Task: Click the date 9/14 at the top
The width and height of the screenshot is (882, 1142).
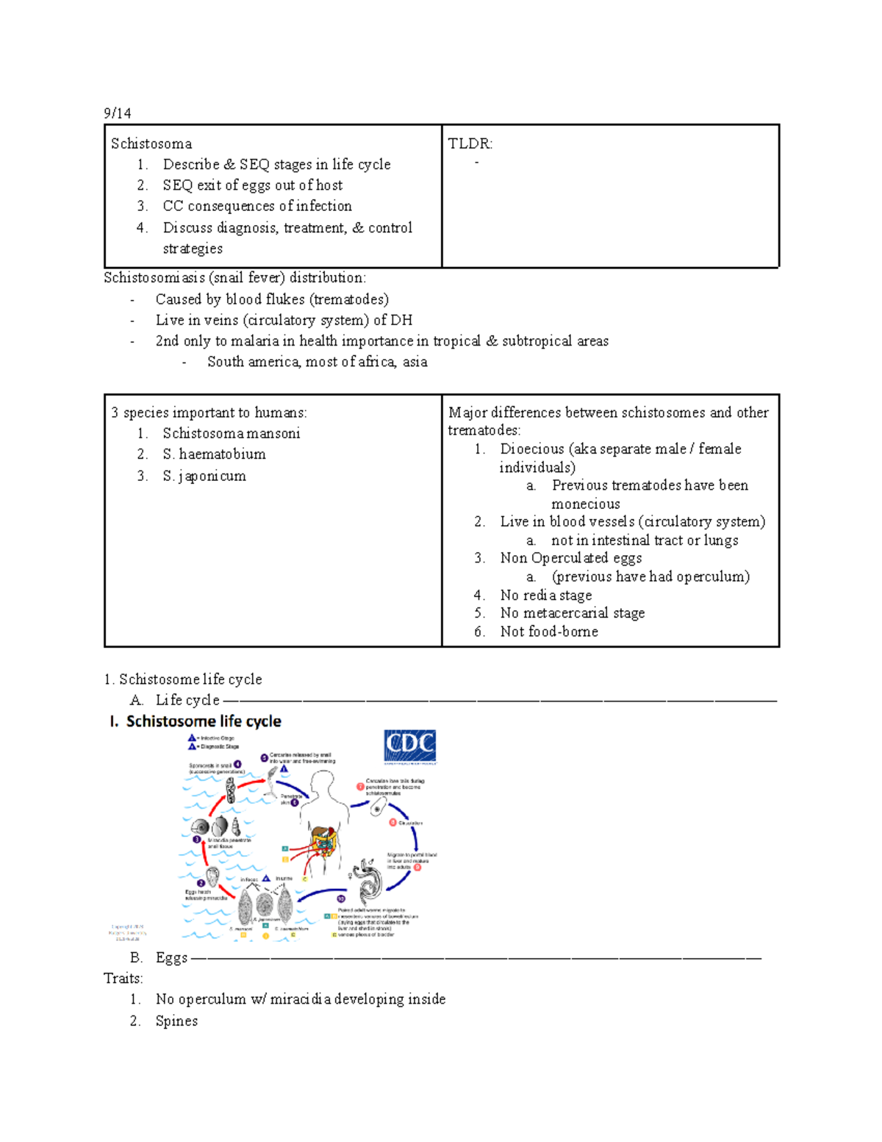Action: tap(117, 113)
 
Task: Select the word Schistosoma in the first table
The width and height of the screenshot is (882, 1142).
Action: tap(151, 143)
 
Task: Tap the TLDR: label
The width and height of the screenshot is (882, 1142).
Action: tap(470, 143)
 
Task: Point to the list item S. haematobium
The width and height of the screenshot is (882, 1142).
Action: tap(214, 454)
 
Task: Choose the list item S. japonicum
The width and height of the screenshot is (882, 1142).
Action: tap(204, 476)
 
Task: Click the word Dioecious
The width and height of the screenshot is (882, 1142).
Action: tap(532, 449)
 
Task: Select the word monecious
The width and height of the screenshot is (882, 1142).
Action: tap(586, 504)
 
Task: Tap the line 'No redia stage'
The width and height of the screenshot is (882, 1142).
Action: tap(545, 595)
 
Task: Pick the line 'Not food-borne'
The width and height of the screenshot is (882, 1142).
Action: tap(549, 631)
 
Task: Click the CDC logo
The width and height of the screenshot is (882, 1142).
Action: tap(409, 746)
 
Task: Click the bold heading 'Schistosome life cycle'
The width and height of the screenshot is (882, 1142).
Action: tap(204, 721)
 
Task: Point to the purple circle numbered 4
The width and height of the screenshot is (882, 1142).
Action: tap(237, 765)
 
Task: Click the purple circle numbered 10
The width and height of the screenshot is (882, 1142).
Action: tap(341, 899)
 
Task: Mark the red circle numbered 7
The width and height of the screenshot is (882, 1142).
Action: tap(361, 786)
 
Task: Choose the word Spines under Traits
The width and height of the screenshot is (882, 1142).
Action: tap(176, 1021)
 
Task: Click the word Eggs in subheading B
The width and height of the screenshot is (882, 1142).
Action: tap(171, 957)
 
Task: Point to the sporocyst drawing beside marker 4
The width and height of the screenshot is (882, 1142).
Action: tap(231, 791)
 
